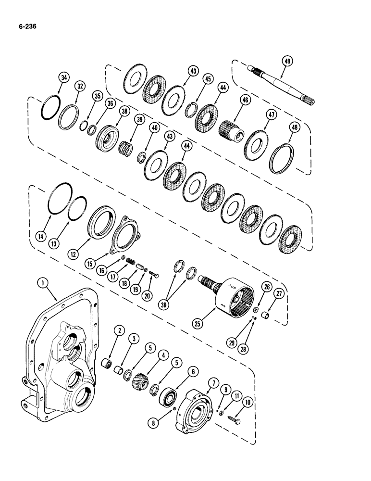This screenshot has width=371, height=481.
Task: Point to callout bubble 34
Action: [x=63, y=77]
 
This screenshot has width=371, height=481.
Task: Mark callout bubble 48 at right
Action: [x=294, y=127]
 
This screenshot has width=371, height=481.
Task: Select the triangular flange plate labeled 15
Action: [x=124, y=234]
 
